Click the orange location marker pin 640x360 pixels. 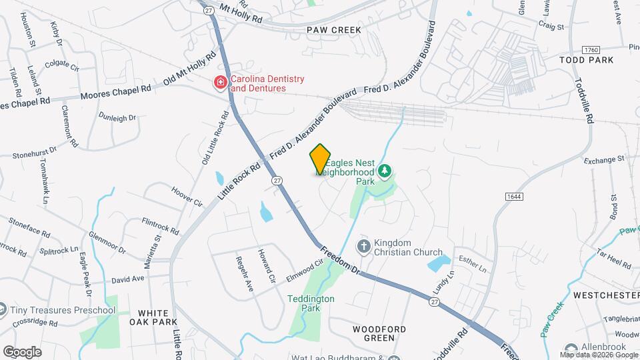pyautogui.click(x=320, y=159)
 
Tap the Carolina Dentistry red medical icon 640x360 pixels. pyautogui.click(x=219, y=83)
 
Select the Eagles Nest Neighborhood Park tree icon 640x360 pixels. pyautogui.click(x=384, y=172)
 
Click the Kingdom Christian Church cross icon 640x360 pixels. pyautogui.click(x=364, y=247)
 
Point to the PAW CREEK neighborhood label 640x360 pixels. pyautogui.click(x=334, y=30)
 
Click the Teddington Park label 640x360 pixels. pyautogui.click(x=311, y=304)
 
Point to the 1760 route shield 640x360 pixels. pyautogui.click(x=591, y=50)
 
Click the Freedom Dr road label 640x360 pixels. pyautogui.click(x=340, y=259)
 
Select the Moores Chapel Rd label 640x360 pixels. pyautogui.click(x=111, y=92)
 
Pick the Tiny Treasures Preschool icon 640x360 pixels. pyautogui.click(x=4, y=310)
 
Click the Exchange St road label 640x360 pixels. pyautogui.click(x=603, y=160)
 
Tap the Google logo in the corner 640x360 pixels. pyautogui.click(x=22, y=351)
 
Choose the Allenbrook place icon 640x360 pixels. pyautogui.click(x=570, y=349)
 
